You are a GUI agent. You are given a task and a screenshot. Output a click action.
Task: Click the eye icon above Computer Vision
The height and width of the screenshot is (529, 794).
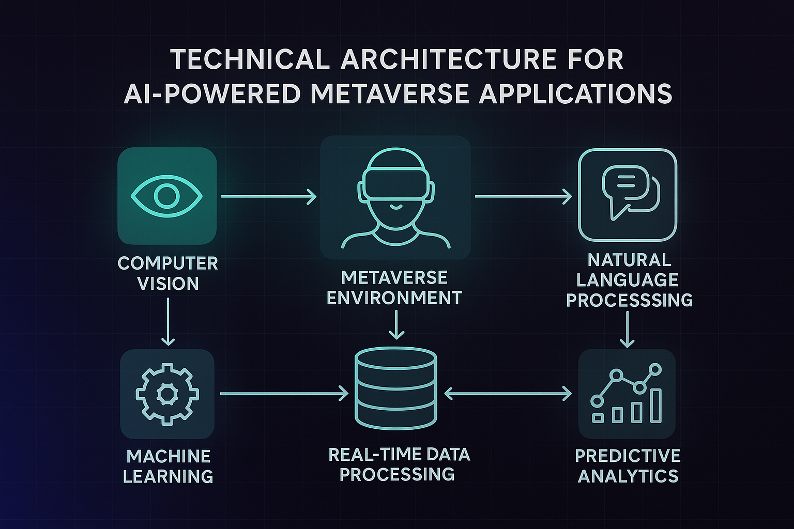tap(166, 196)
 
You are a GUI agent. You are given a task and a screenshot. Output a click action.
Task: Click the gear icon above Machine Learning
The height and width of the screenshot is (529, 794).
tap(167, 394)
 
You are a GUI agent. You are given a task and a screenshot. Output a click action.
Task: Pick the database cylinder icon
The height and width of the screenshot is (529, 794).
tap(396, 388)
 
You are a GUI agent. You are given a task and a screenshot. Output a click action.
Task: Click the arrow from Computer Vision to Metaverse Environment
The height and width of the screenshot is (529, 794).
tap(268, 196)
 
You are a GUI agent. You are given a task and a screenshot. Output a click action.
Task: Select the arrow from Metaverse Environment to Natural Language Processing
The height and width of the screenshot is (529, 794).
tap(523, 196)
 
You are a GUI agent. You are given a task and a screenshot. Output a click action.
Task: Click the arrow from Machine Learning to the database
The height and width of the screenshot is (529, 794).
tap(284, 394)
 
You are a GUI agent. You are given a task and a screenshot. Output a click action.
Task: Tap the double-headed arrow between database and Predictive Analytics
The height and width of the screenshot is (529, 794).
tap(508, 394)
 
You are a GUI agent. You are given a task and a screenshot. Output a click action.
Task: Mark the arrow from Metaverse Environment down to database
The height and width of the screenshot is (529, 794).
tap(396, 324)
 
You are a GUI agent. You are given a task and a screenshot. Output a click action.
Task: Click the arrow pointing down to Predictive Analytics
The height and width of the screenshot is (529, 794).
tap(628, 331)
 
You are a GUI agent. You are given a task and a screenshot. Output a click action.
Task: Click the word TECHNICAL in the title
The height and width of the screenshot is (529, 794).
tap(250, 59)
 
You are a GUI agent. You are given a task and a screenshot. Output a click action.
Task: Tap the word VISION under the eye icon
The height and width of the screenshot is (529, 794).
tap(168, 284)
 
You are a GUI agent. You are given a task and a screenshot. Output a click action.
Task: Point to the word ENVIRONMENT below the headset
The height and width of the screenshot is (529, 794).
tap(394, 298)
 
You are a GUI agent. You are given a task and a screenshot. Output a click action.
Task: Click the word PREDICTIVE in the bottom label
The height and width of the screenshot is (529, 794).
tap(628, 456)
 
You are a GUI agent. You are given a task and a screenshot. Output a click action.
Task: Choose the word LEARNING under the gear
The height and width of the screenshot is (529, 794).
tap(168, 476)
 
